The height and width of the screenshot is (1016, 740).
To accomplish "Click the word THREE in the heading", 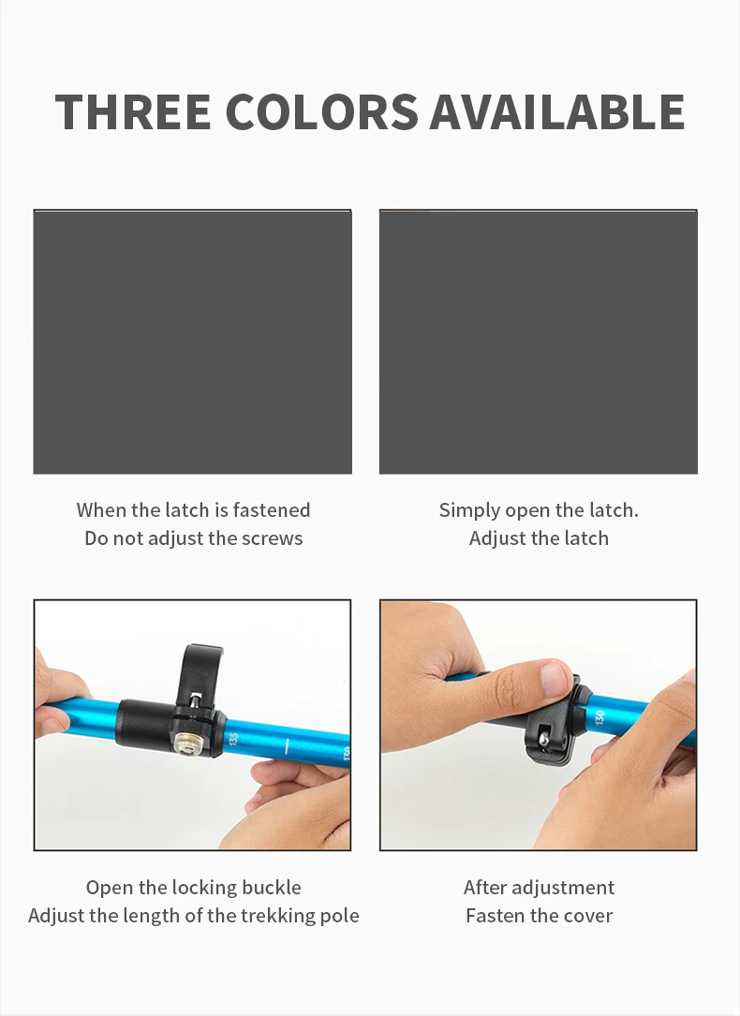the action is [133, 112].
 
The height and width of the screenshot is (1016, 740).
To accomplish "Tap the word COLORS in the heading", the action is [321, 112].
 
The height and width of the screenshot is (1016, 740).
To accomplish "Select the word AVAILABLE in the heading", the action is [556, 112].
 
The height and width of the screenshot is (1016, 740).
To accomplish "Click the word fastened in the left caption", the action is [272, 510].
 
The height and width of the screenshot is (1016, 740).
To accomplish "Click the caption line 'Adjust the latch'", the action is [540, 538].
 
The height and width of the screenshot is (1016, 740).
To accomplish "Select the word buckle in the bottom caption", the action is [272, 887].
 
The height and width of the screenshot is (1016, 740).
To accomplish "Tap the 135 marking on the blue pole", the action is [234, 739].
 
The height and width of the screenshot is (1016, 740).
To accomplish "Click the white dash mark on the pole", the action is [287, 746].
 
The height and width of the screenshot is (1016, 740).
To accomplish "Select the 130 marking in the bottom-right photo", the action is [599, 717].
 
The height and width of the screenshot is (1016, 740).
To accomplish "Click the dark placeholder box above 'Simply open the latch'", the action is [539, 342].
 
